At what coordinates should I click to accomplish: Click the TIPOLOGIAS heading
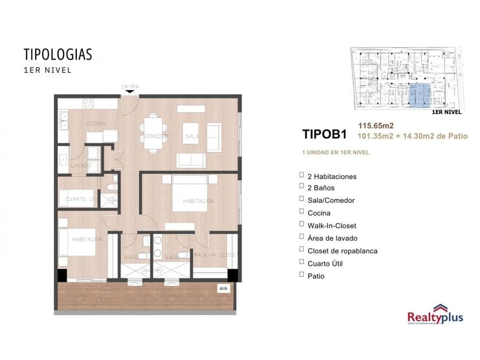[58, 54]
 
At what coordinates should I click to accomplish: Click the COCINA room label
[97, 124]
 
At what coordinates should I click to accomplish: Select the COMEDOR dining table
[154, 132]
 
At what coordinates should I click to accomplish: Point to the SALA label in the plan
[191, 137]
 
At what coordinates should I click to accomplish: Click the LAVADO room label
[81, 166]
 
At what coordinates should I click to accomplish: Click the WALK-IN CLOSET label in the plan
[214, 255]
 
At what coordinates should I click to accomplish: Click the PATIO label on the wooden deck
[99, 301]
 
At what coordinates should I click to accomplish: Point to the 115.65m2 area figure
[375, 126]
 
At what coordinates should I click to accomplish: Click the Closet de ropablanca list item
[342, 251]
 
